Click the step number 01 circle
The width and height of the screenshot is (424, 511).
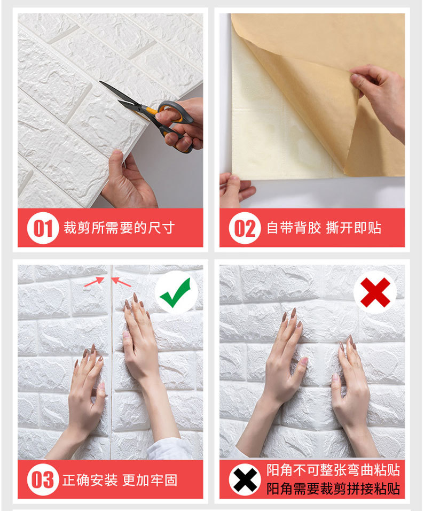pyautogui.click(x=43, y=228)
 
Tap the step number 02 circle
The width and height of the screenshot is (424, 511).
pyautogui.click(x=245, y=228)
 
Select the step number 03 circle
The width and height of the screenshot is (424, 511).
pyautogui.click(x=43, y=479)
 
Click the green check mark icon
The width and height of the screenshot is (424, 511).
pyautogui.click(x=176, y=292)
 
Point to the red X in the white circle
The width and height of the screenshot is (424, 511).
pyautogui.click(x=375, y=292)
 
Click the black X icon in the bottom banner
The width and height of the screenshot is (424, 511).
pyautogui.click(x=245, y=479)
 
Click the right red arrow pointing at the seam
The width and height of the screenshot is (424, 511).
pyautogui.click(x=121, y=282)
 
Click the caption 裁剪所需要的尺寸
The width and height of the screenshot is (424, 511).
pyautogui.click(x=119, y=228)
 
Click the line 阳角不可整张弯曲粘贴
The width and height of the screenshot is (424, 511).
pyautogui.click(x=333, y=470)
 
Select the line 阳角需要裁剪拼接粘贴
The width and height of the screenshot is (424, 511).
pyautogui.click(x=333, y=489)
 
